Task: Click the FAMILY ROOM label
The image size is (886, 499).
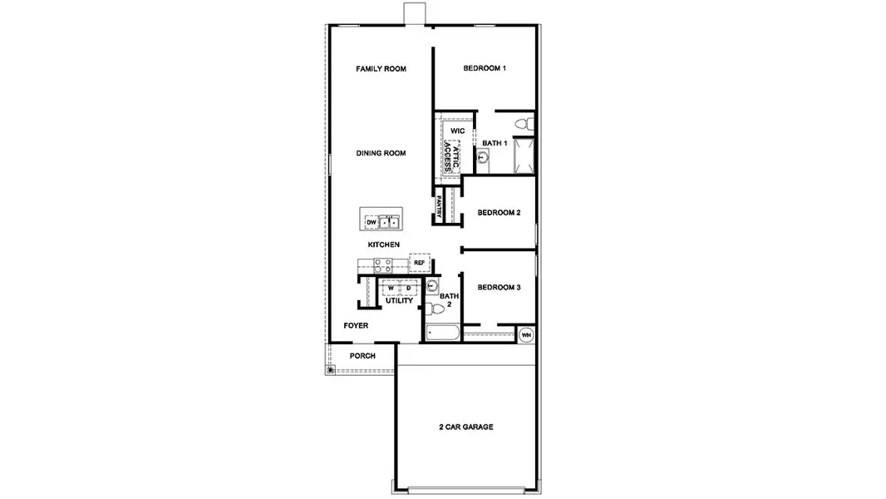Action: pyautogui.click(x=381, y=68)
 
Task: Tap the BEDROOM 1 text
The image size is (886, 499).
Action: pyautogui.click(x=485, y=68)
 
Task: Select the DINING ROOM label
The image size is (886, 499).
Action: pyautogui.click(x=381, y=153)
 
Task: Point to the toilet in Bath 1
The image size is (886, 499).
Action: pyautogui.click(x=523, y=124)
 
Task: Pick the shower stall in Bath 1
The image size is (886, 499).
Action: pyautogui.click(x=524, y=156)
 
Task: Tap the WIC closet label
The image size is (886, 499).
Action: pyautogui.click(x=457, y=131)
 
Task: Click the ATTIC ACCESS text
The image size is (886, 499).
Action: pyautogui.click(x=450, y=156)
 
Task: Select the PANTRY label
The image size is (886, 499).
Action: pyautogui.click(x=439, y=206)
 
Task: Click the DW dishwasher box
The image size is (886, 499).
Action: pyautogui.click(x=371, y=222)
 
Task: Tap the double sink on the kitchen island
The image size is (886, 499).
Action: pyautogui.click(x=389, y=222)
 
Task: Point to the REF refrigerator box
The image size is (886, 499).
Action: pyautogui.click(x=419, y=263)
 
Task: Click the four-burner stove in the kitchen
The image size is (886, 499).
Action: pyautogui.click(x=382, y=265)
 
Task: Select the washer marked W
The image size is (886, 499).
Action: pyautogui.click(x=391, y=289)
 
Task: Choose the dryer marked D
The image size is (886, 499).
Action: pyautogui.click(x=408, y=289)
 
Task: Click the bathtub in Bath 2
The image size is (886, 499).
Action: pyautogui.click(x=441, y=334)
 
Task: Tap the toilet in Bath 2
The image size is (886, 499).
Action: pyautogui.click(x=435, y=309)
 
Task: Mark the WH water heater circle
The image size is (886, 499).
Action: pyautogui.click(x=526, y=334)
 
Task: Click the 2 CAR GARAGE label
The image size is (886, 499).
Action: pyautogui.click(x=466, y=427)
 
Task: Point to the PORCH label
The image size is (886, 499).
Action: pyautogui.click(x=362, y=356)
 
